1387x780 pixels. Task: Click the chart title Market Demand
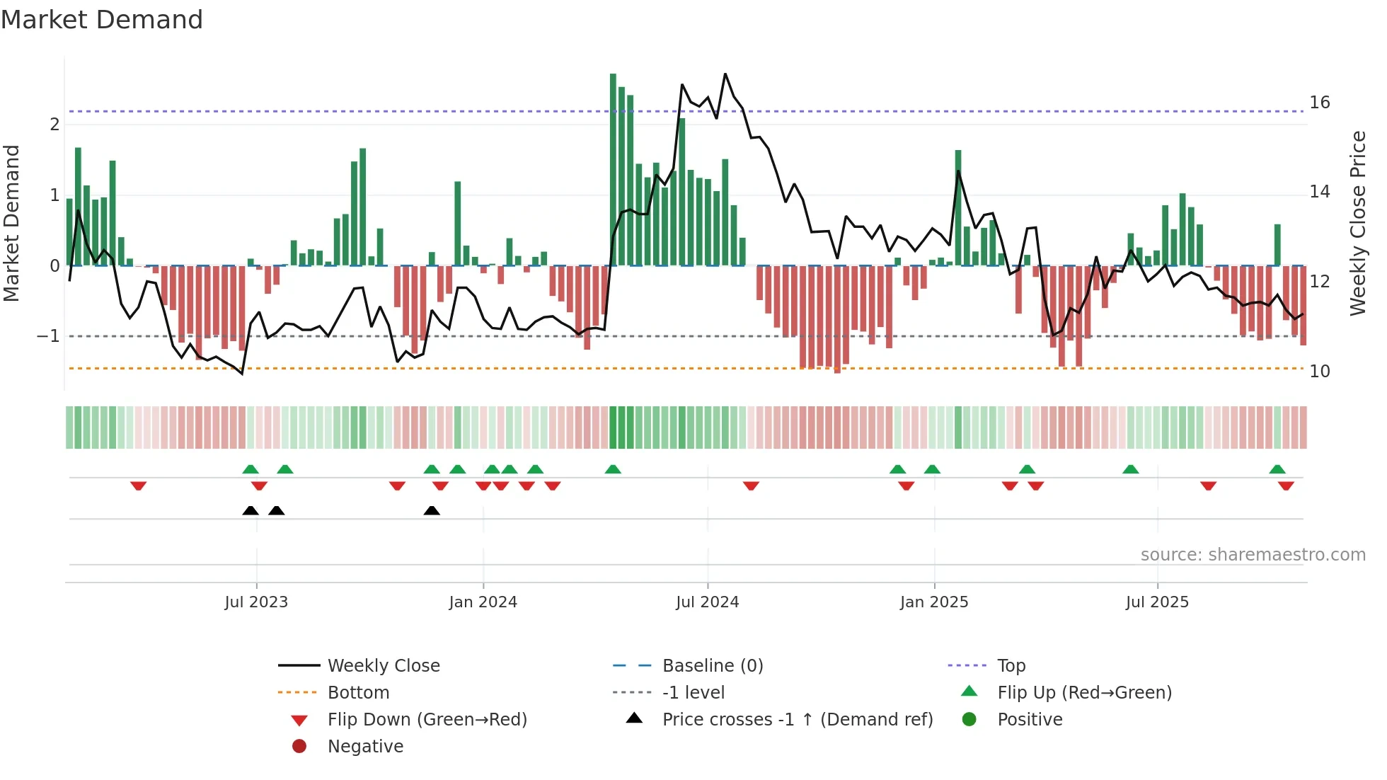tap(102, 20)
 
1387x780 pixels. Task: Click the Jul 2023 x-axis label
tap(256, 602)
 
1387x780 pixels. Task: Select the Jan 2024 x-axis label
tap(483, 602)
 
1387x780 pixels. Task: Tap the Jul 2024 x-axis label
tap(707, 602)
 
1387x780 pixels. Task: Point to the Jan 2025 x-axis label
tap(933, 602)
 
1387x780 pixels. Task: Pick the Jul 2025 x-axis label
tap(1157, 602)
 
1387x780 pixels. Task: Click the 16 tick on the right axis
tap(1319, 103)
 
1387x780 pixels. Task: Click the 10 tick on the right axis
tap(1319, 372)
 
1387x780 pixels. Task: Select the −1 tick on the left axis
tap(49, 336)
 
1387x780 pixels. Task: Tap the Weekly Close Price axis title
tap(1357, 223)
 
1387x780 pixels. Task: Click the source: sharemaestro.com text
tap(1253, 555)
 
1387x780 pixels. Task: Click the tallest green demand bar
tap(613, 170)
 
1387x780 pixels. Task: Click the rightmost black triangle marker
tap(432, 510)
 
